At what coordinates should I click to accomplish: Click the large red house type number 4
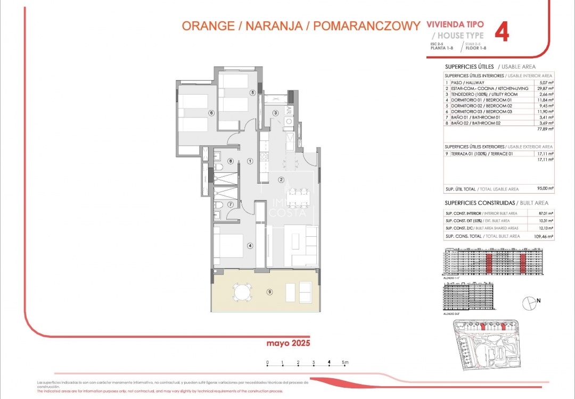coord(502,32)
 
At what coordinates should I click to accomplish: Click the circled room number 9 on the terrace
coord(270,291)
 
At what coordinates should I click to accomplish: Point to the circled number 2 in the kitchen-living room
coord(281,179)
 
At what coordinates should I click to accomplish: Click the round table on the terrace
coord(242,292)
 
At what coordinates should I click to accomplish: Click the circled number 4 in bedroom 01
coord(249,246)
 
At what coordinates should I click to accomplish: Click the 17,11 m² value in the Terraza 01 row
coord(546,153)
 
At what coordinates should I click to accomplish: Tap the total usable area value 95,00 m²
coord(545,189)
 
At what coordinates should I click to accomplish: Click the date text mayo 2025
coord(288,344)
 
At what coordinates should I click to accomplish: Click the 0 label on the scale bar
coord(267,362)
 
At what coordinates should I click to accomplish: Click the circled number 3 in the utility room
coord(275,113)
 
